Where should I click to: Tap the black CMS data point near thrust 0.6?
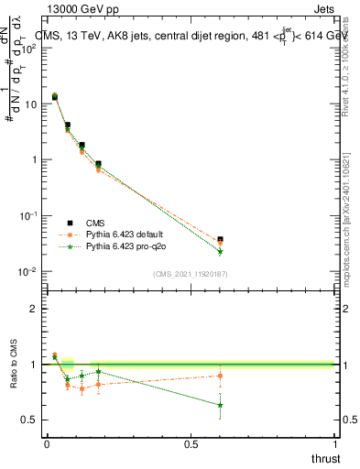[x=220, y=239]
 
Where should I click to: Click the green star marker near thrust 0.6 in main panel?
[x=220, y=252]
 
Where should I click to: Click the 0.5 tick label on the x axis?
[x=191, y=444]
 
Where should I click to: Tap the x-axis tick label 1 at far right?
[x=335, y=444]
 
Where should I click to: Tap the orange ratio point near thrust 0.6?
[x=220, y=376]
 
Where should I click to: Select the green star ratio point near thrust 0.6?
[x=220, y=405]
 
